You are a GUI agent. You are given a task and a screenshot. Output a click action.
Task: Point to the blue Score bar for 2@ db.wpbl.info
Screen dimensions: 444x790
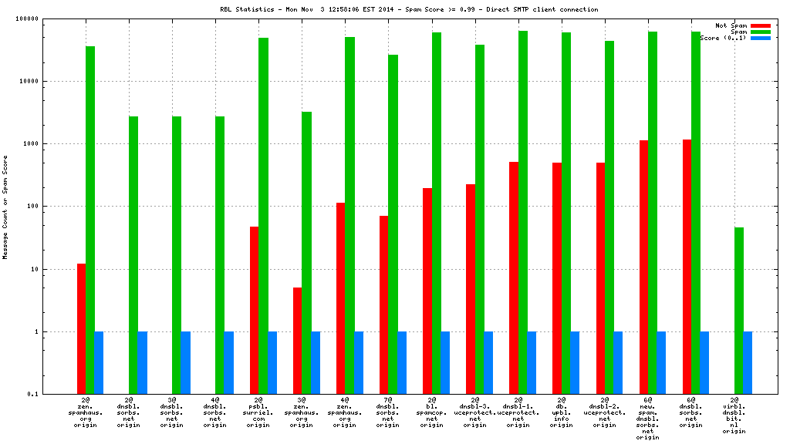[575, 363]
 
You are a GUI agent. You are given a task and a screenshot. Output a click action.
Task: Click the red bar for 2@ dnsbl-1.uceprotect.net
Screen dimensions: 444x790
[513, 278]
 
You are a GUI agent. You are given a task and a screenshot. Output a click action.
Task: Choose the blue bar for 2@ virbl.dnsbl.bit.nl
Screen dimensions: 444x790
[748, 363]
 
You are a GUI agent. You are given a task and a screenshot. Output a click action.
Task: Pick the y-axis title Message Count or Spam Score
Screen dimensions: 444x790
[5, 207]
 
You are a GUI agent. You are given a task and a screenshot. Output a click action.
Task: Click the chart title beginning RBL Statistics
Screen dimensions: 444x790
[409, 9]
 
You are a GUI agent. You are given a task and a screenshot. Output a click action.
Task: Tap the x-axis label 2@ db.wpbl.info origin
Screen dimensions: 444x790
[561, 412]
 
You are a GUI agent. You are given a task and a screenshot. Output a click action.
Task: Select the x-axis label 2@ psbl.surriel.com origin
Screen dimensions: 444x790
[258, 412]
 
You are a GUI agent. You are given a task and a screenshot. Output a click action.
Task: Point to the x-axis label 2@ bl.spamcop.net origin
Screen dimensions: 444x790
[431, 412]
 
